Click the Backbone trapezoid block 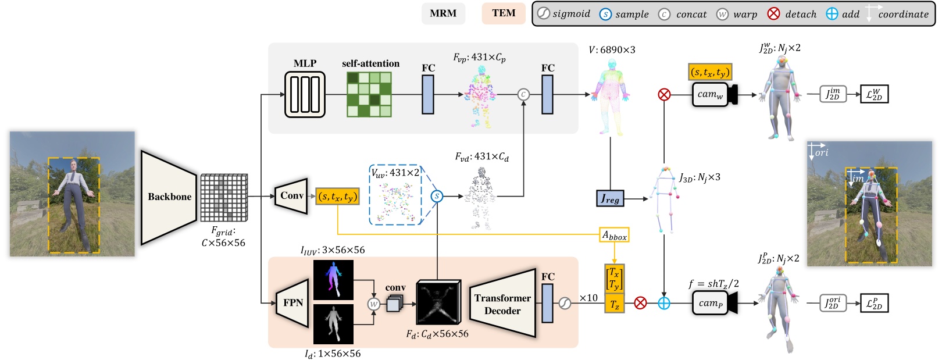pyautogui.click(x=169, y=197)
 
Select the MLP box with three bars pyautogui.click(x=305, y=94)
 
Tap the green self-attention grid pyautogui.click(x=369, y=94)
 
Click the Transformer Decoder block pyautogui.click(x=502, y=304)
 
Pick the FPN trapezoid pyautogui.click(x=292, y=303)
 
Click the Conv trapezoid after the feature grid pyautogui.click(x=291, y=196)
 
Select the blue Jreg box pyautogui.click(x=609, y=199)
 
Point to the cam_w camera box pyautogui.click(x=711, y=94)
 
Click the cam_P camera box pyautogui.click(x=711, y=303)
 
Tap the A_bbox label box pyautogui.click(x=614, y=236)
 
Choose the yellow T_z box pyautogui.click(x=615, y=304)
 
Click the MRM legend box pyautogui.click(x=443, y=13)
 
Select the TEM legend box pyautogui.click(x=504, y=13)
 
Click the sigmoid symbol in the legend pyautogui.click(x=544, y=14)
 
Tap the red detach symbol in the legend pyautogui.click(x=773, y=14)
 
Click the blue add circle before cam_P pyautogui.click(x=664, y=303)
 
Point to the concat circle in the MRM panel pyautogui.click(x=523, y=94)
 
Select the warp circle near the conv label pyautogui.click(x=374, y=304)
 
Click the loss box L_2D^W pyautogui.click(x=874, y=94)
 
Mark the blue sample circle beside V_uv pyautogui.click(x=437, y=197)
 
